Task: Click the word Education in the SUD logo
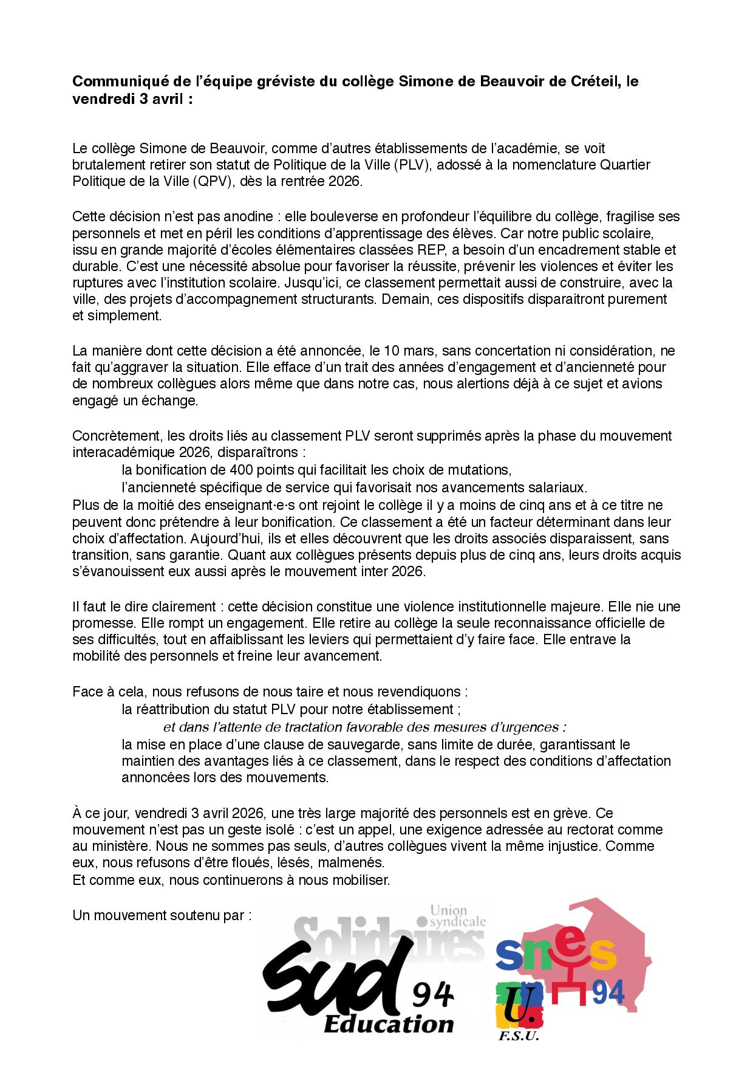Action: click(388, 1023)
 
